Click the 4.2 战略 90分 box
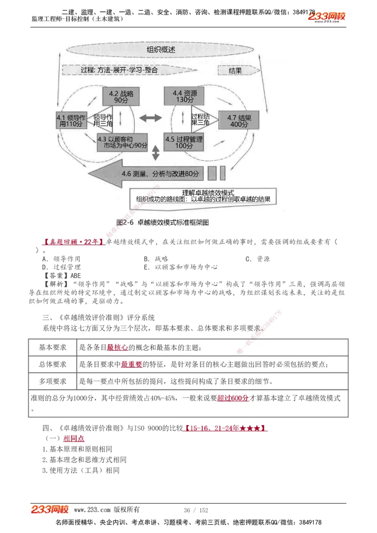118,97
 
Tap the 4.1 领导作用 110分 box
71,120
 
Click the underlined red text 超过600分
233,398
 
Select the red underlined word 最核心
117,347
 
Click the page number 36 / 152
196,510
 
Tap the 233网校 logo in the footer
50,509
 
